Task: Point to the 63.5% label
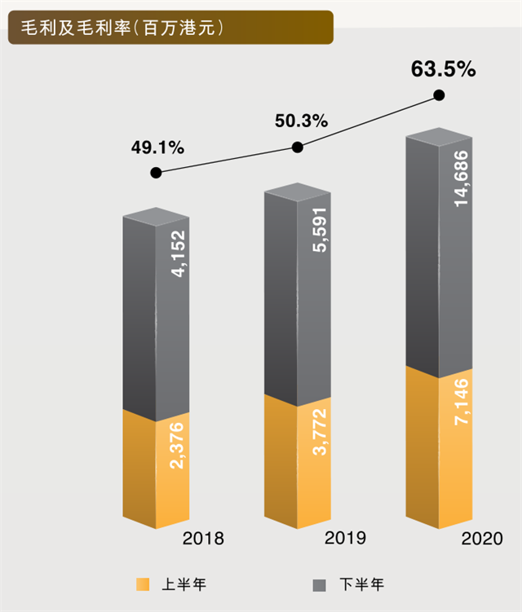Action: coord(443,69)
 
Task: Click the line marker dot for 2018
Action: coord(157,173)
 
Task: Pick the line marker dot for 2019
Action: coord(298,147)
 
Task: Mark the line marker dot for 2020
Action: coord(440,95)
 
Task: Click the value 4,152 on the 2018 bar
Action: coord(179,256)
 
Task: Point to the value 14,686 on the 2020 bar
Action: coord(462,192)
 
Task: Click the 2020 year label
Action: coord(482,539)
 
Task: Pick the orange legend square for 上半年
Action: coord(143,584)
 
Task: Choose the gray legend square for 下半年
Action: coord(321,584)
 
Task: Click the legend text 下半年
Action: coord(362,584)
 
